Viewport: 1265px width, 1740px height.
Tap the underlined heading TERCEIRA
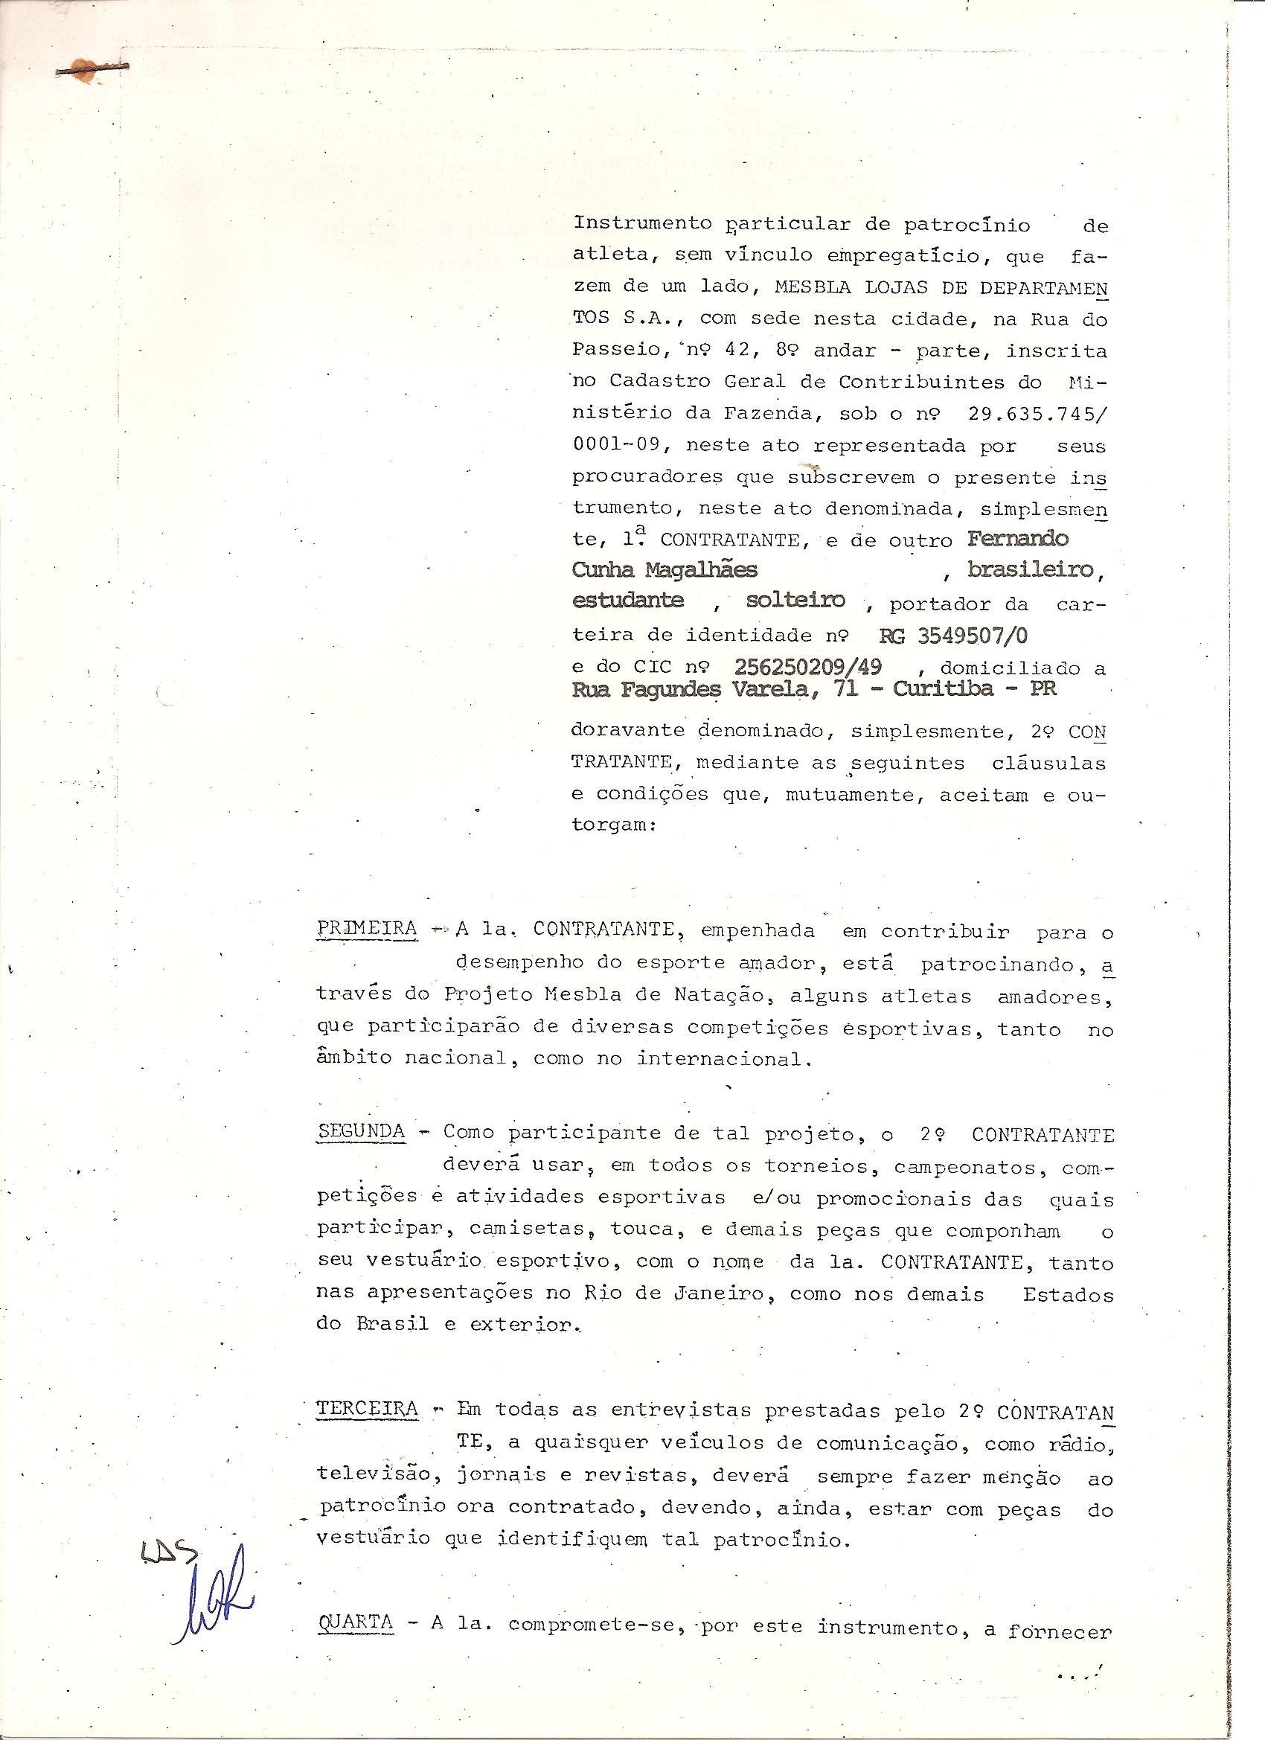coord(368,1410)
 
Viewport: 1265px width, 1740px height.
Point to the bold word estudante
coord(628,601)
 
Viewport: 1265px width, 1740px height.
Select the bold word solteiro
coord(795,601)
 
